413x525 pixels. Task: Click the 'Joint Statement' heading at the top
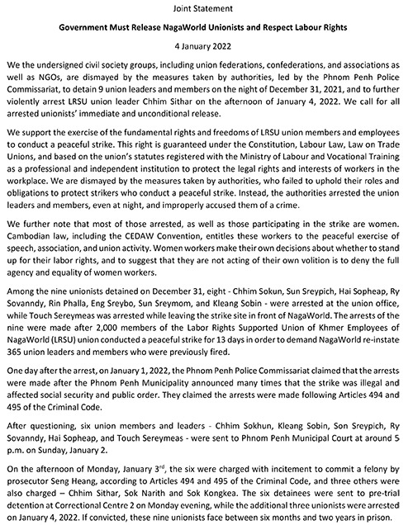206,7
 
